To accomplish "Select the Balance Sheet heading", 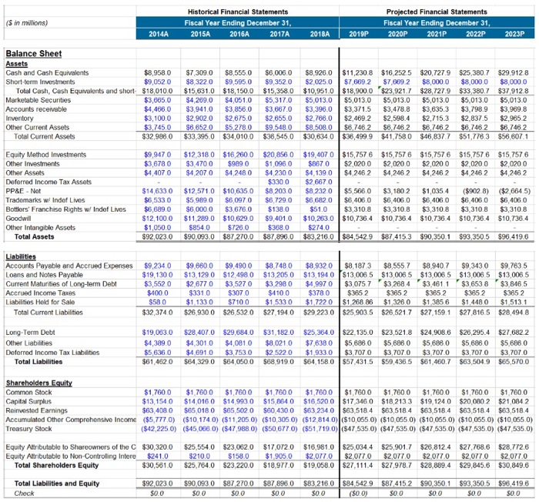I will [x=32, y=54].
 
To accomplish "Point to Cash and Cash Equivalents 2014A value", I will [x=157, y=72].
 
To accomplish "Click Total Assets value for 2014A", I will [x=157, y=214].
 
